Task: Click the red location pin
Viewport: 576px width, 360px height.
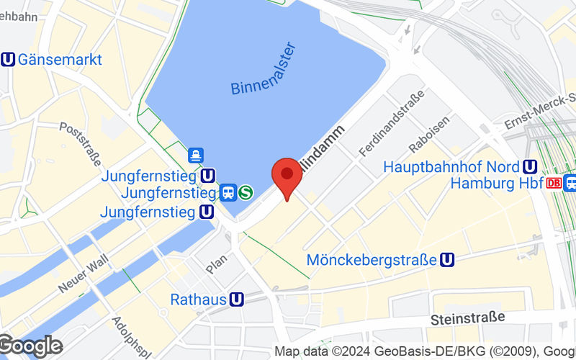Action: pos(287,177)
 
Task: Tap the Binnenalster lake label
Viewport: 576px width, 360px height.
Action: pos(264,69)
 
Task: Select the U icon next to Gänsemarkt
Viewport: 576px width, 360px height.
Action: pos(9,60)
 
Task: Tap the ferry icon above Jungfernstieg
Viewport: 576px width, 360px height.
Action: pos(196,155)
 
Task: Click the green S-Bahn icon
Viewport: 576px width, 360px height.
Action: pos(246,192)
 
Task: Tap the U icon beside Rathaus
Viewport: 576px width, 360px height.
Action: pos(237,299)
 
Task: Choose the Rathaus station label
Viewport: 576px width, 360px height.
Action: pos(198,299)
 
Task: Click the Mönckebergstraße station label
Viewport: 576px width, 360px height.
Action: pos(372,259)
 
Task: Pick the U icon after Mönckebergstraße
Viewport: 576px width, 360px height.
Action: pos(447,259)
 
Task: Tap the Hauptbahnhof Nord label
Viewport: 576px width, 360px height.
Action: pos(451,166)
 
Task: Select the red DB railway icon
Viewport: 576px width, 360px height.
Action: pos(554,183)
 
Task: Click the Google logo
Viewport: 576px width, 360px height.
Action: pos(30,346)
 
